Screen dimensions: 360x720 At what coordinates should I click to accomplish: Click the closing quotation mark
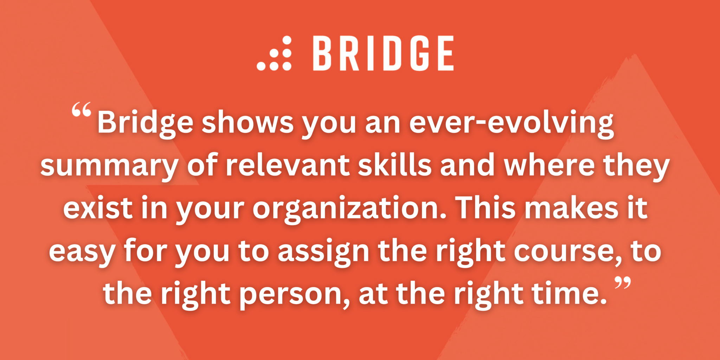(623, 283)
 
